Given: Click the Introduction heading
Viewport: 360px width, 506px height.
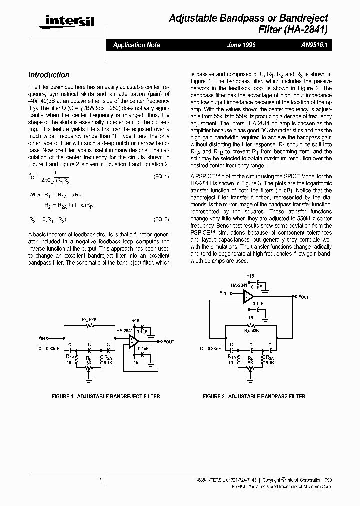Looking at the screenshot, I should [x=49, y=75].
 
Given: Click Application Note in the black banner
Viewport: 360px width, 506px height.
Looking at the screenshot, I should [x=136, y=45].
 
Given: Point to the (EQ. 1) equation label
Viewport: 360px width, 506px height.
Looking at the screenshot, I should [x=161, y=177].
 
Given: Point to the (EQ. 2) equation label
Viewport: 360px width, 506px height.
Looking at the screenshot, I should [x=161, y=219].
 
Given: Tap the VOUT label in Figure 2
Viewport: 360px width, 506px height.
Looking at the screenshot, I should [x=303, y=296].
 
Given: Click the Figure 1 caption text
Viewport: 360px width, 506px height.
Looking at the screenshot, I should [x=106, y=396].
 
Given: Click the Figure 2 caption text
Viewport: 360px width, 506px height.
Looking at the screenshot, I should [x=254, y=396].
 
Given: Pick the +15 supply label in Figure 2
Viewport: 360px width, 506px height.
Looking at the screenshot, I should [x=250, y=276].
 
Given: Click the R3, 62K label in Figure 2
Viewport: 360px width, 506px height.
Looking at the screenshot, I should [x=251, y=330].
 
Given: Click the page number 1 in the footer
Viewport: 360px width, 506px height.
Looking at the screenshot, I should [x=100, y=480].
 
